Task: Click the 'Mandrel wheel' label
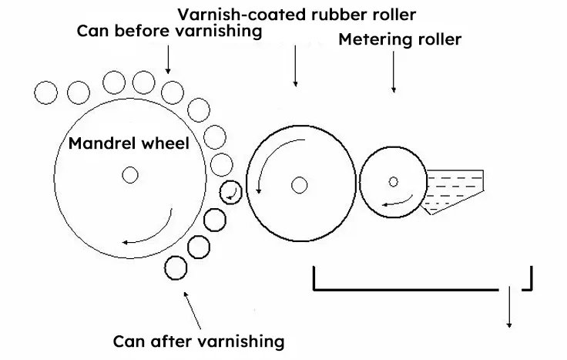click(x=129, y=143)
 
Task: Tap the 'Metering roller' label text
click(x=400, y=39)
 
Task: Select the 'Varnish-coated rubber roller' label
click(x=296, y=15)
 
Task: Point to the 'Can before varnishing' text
click(x=169, y=32)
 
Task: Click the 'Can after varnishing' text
click(x=199, y=340)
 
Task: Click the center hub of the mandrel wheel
click(x=129, y=175)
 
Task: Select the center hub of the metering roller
click(x=394, y=182)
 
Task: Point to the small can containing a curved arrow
click(x=230, y=192)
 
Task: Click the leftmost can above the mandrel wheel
click(x=46, y=93)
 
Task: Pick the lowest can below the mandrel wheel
click(x=176, y=267)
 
